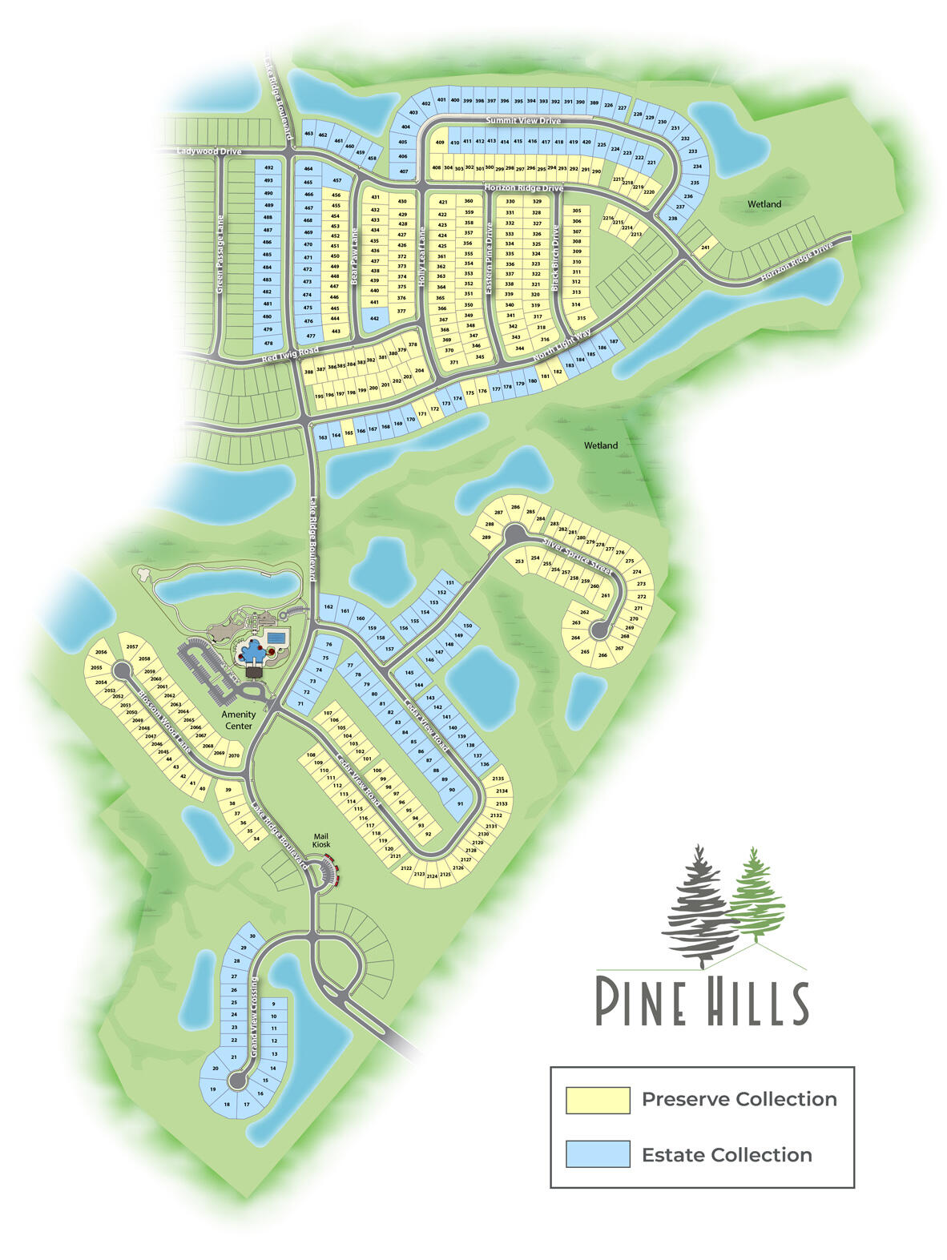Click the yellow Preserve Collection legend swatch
[x=597, y=1099]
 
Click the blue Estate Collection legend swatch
[x=597, y=1154]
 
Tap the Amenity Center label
[x=239, y=720]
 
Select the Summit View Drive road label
[x=523, y=120]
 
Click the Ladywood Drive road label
[x=209, y=150]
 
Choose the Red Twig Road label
[x=290, y=355]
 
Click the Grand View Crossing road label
[x=254, y=1016]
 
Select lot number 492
[x=268, y=168]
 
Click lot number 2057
[x=132, y=646]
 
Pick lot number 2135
[x=498, y=779]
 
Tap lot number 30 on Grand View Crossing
[x=252, y=936]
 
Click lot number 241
[x=705, y=248]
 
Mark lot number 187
[x=614, y=342]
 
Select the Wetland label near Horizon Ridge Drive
[x=764, y=204]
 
